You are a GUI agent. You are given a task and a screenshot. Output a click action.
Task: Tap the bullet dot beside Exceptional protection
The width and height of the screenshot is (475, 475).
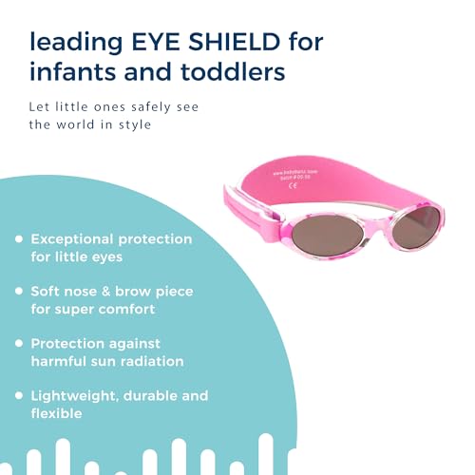pyautogui.click(x=18, y=238)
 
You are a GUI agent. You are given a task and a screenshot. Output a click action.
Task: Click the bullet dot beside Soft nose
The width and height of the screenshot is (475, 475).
pyautogui.click(x=18, y=291)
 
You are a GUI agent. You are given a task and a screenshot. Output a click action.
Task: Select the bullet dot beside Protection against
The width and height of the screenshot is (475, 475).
pyautogui.click(x=18, y=343)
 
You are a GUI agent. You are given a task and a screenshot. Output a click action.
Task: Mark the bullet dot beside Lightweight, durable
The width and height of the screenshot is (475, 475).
pyautogui.click(x=18, y=395)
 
